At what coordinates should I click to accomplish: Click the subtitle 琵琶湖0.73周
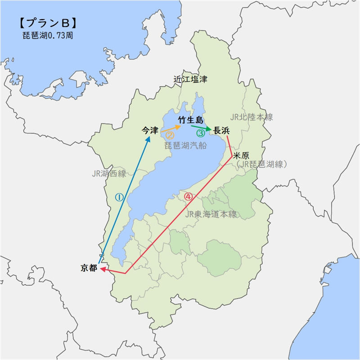click(47, 36)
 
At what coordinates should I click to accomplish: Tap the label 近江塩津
click(191, 79)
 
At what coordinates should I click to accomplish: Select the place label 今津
click(150, 130)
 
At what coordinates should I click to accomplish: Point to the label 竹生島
click(191, 120)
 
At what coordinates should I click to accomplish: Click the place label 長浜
click(221, 131)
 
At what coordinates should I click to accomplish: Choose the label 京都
click(89, 268)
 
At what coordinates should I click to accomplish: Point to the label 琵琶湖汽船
click(185, 145)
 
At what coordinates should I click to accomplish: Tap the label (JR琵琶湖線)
click(261, 164)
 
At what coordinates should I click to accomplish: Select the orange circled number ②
click(170, 134)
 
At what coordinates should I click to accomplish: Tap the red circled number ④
click(188, 196)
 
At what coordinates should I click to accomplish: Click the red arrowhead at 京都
click(103, 269)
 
